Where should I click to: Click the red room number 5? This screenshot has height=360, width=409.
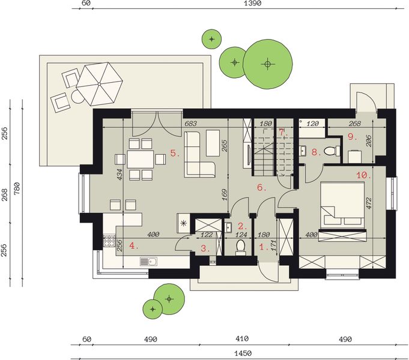tap(175, 153)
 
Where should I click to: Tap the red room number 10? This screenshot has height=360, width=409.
tap(364, 175)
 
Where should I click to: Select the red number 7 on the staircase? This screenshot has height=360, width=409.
tap(282, 132)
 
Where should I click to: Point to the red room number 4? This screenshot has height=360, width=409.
tap(133, 245)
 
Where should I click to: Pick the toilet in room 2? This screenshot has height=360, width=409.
tap(240, 247)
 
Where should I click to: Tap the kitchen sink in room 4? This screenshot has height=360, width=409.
tap(148, 261)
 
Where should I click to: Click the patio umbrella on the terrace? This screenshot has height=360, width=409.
tap(99, 83)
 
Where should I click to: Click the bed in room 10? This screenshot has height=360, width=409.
tap(342, 203)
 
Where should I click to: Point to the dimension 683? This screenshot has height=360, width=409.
tap(190, 124)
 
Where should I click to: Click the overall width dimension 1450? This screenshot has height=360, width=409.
tap(243, 353)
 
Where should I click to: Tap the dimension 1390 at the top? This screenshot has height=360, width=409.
tap(252, 3)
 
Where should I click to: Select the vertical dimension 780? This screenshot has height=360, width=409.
tap(16, 189)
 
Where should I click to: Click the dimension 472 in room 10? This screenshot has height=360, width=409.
tap(369, 203)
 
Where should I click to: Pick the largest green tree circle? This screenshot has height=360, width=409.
tap(268, 64)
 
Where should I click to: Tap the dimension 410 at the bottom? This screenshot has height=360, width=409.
tap(242, 339)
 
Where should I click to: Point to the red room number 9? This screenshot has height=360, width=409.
tap(352, 137)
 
